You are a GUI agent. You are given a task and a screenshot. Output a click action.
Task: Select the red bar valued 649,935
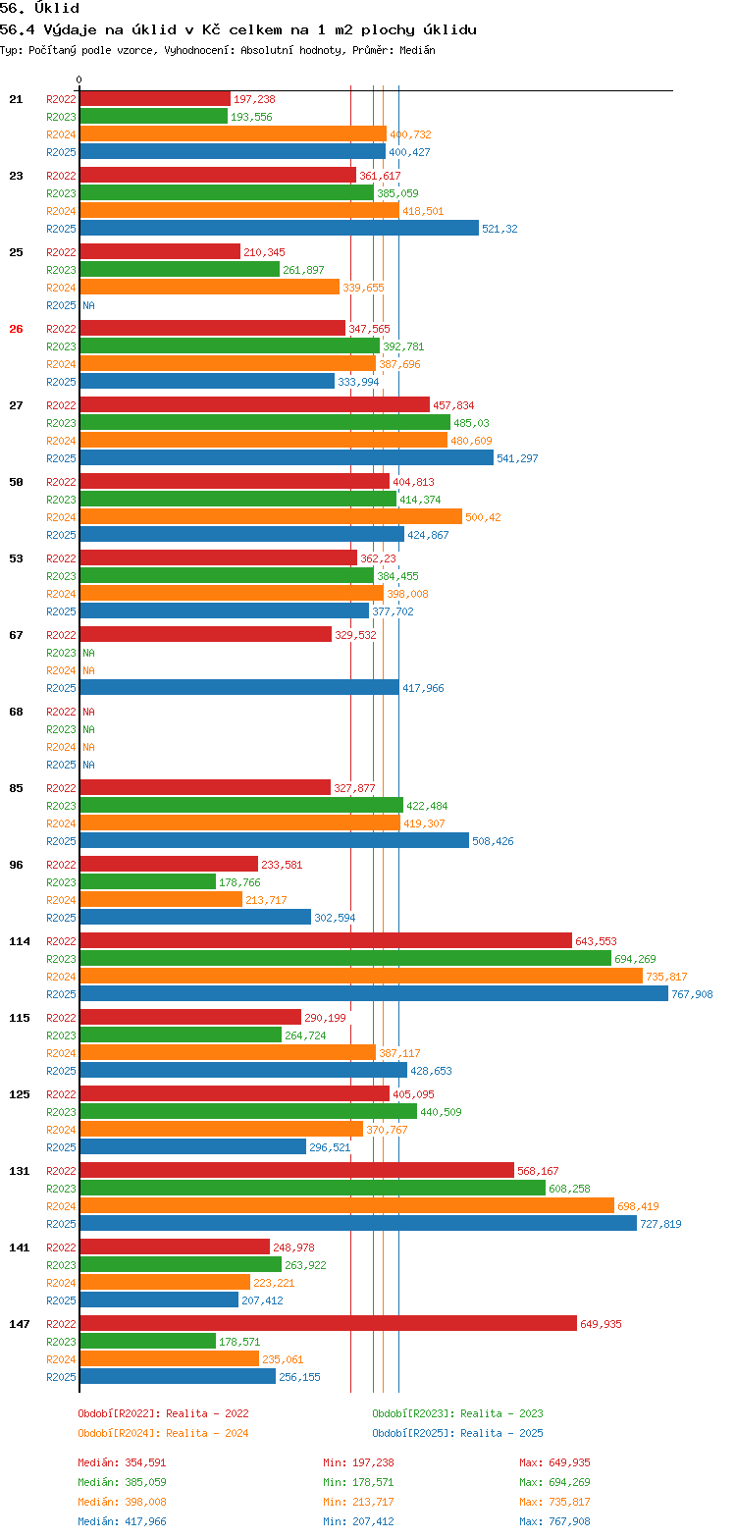click(328, 1324)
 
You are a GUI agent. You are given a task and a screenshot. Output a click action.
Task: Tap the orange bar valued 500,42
click(271, 517)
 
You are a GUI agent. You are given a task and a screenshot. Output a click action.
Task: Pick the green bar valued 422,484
click(241, 806)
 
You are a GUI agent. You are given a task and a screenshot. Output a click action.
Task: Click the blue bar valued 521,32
click(279, 229)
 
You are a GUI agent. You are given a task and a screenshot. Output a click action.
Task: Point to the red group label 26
click(16, 329)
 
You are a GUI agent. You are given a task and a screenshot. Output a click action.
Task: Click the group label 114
click(20, 941)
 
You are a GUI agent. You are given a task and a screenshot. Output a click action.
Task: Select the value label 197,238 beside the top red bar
click(254, 99)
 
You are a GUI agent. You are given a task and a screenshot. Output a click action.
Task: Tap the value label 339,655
click(363, 288)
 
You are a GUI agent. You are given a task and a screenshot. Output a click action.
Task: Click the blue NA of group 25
click(88, 305)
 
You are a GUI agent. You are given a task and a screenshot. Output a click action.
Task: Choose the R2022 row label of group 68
click(61, 712)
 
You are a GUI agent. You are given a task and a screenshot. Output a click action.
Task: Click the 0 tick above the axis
click(79, 80)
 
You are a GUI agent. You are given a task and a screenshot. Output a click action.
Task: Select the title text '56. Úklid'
click(40, 8)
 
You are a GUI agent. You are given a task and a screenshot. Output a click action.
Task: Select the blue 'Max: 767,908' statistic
click(554, 1521)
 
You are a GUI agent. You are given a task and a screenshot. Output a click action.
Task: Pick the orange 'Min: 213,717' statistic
click(358, 1502)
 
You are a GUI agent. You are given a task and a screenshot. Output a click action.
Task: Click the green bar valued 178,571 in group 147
click(147, 1342)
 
